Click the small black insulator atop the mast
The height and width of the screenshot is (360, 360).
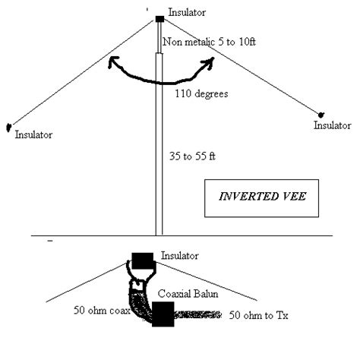[x=159, y=19]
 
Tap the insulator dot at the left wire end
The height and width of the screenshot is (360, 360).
[x=8, y=127]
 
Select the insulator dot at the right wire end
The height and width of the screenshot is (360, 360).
[x=321, y=115]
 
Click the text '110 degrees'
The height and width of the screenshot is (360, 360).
[x=201, y=93]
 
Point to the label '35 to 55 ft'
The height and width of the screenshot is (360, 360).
[x=192, y=156]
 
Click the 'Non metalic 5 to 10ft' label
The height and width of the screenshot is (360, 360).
[x=209, y=42]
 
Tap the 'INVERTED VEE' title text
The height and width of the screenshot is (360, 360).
[x=262, y=197]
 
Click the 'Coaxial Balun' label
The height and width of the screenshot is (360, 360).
[x=188, y=294]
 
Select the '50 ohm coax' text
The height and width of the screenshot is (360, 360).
[x=102, y=311]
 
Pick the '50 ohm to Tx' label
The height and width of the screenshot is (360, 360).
[x=258, y=315]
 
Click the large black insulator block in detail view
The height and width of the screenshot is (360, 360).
[x=143, y=261]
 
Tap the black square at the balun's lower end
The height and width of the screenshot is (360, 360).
[x=163, y=314]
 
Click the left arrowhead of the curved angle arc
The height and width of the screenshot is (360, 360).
[x=112, y=62]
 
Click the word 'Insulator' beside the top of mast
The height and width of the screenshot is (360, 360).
[x=187, y=12]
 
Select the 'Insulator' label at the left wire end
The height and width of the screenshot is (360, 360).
[x=33, y=134]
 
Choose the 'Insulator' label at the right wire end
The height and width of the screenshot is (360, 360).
[x=333, y=125]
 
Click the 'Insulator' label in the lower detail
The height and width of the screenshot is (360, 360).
[x=179, y=256]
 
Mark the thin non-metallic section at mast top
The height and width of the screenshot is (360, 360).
[x=159, y=37]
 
